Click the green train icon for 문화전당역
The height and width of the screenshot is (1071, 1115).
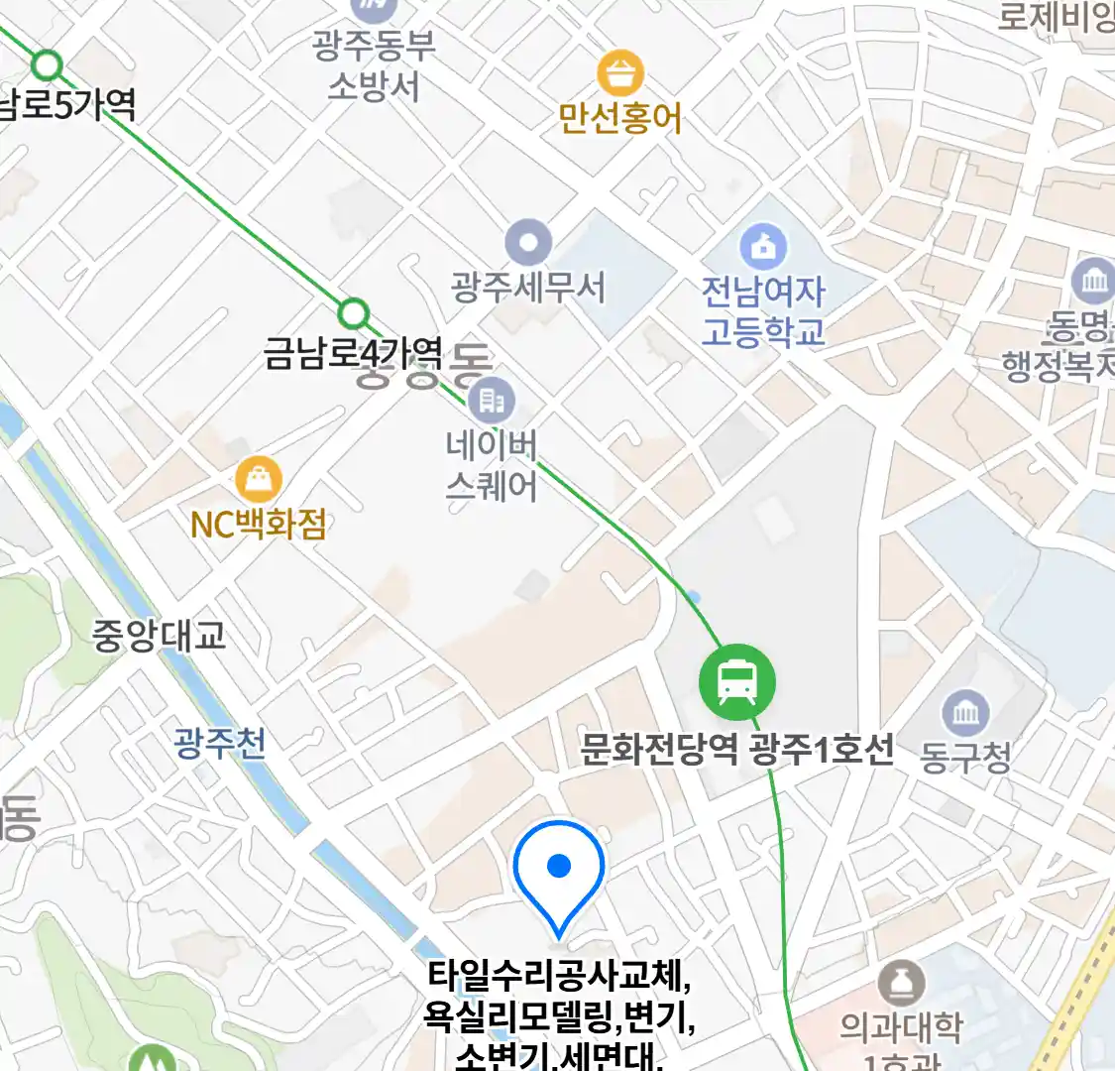(736, 682)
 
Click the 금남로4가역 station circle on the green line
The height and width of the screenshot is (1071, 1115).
(353, 314)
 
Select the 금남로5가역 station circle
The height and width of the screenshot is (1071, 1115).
(47, 66)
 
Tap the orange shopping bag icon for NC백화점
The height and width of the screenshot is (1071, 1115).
(259, 481)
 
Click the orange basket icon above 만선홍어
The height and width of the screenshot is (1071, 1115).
(620, 73)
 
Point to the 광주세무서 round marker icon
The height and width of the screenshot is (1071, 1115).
(527, 243)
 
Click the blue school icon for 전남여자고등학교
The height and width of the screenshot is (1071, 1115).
(763, 246)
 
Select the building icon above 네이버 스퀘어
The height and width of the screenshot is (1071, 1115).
(491, 400)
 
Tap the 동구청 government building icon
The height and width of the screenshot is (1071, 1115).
(965, 713)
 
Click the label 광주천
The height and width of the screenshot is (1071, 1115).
(220, 743)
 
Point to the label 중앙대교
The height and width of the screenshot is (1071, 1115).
(160, 636)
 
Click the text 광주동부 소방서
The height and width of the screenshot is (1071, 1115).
(374, 65)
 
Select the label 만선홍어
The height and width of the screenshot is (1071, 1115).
(620, 119)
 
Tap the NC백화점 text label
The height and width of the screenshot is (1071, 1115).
(259, 525)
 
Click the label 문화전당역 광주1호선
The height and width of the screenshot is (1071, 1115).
(736, 749)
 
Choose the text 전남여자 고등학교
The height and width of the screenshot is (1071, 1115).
(763, 310)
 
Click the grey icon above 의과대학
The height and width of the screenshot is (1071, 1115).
(901, 984)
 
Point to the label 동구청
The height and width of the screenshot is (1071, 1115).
(965, 758)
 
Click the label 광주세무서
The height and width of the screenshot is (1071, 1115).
(527, 288)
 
